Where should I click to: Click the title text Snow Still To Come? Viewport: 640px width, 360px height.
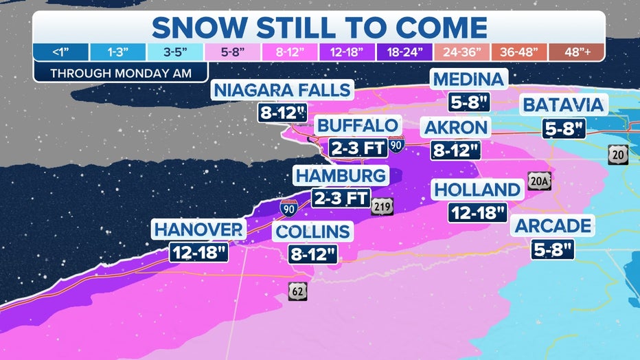319,27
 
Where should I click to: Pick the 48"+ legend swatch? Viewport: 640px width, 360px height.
576,52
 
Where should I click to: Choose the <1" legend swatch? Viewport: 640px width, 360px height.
60,52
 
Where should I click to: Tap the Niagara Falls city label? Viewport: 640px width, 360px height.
282,90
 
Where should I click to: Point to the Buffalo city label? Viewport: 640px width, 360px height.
356,126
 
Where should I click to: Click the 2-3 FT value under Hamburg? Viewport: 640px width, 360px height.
341,199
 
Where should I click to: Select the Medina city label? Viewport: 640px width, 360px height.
469,79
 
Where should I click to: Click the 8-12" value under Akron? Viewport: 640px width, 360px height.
455,150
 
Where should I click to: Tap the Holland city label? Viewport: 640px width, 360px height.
477,189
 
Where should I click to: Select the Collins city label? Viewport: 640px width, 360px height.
312,232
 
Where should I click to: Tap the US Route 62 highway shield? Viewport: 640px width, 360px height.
298,291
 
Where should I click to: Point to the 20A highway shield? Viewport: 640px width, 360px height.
539,182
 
